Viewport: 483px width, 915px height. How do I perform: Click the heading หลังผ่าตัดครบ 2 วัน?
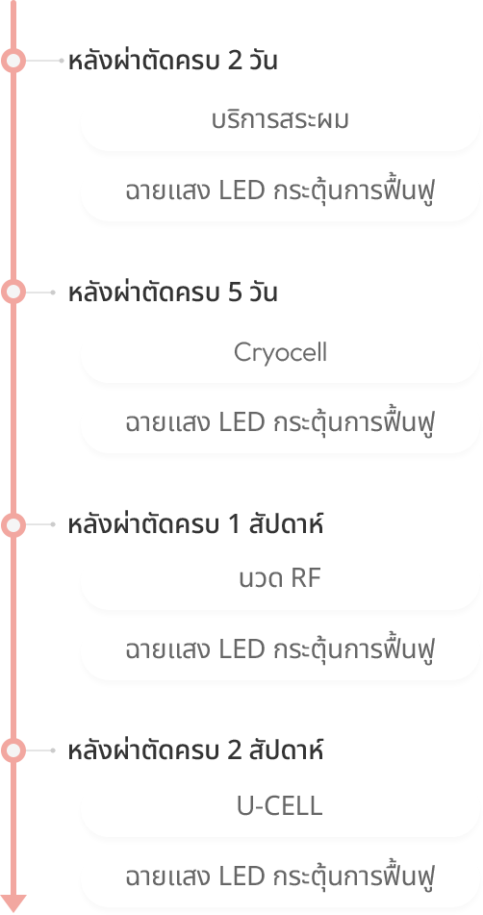point(172,61)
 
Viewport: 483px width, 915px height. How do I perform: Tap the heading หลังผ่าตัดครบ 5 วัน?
point(172,292)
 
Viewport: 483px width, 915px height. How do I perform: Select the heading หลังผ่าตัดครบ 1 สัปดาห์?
point(195,524)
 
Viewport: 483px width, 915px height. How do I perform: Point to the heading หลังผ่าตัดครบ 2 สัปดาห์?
point(195,750)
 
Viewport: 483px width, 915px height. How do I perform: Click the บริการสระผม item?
point(280,120)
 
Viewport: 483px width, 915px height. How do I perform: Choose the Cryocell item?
point(280,352)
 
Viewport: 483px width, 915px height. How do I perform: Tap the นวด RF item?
point(280,579)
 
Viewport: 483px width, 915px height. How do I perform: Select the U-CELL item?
point(280,806)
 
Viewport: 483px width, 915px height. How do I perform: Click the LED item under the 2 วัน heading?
point(281,191)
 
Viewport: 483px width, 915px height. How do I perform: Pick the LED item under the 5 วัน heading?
point(281,422)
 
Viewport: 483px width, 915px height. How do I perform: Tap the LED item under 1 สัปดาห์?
point(281,649)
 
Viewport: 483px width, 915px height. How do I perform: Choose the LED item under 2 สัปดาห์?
point(281,876)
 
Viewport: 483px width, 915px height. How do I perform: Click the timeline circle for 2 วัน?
point(13,61)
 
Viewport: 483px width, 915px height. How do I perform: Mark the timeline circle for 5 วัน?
point(13,292)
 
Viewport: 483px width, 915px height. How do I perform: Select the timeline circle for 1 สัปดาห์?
point(13,524)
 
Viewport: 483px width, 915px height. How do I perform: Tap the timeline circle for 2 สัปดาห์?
point(13,750)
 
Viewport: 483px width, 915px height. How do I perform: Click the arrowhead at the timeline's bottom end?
point(13,903)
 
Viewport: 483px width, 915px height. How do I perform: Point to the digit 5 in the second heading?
point(235,292)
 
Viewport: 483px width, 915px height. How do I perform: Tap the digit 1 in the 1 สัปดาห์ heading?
point(235,524)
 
